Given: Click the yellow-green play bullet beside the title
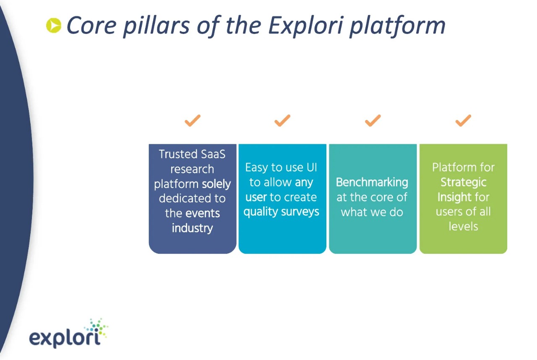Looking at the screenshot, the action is coord(54,26).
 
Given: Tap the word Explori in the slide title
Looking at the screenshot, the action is coord(306,26).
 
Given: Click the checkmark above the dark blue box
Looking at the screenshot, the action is coord(193,120).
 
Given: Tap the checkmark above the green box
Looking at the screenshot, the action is coord(463,120).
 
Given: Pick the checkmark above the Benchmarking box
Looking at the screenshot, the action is coord(373,120).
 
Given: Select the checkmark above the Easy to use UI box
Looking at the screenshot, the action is coord(282,120).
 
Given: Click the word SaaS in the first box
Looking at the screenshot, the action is coord(213,154).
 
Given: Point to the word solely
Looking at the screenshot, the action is coord(216,184).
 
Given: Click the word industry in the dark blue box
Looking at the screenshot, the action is coord(192,228).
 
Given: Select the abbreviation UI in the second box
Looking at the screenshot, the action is coord(312,167).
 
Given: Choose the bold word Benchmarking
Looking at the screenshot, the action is coord(372,183).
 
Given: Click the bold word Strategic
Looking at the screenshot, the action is coord(464,183).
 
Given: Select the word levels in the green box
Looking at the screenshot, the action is coord(464,227).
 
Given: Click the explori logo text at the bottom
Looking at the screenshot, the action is coord(65,338).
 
